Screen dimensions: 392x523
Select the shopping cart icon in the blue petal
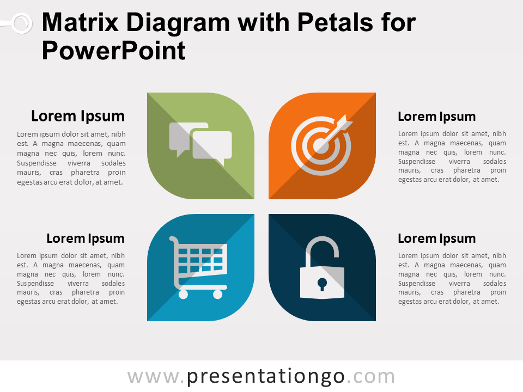coord(199,267)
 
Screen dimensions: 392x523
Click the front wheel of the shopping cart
coord(217,295)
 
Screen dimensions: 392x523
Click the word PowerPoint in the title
coord(113,51)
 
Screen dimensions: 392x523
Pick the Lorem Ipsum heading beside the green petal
coord(78,116)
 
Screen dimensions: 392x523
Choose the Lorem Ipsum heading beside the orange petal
coord(436,117)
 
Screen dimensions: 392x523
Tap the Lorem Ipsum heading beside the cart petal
coord(85,238)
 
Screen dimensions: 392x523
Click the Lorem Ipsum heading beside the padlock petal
coord(436,238)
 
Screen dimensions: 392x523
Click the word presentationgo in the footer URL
coord(266,377)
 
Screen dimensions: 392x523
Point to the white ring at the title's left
coord(21,23)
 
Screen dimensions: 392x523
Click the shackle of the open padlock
coord(322,247)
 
